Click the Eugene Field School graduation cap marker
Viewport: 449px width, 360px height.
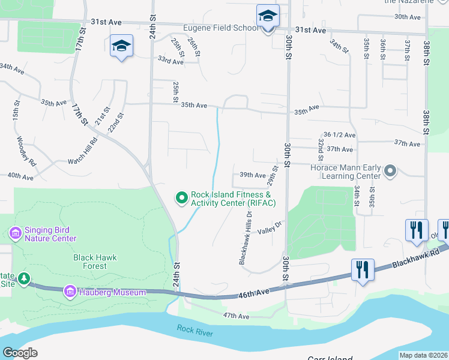point(268,17)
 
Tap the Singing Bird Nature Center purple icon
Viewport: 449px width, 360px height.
point(15,232)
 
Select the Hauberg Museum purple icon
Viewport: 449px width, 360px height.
point(70,292)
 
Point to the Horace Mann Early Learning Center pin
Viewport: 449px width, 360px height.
point(390,171)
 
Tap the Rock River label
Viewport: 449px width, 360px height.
point(195,329)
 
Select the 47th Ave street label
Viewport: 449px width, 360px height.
point(235,316)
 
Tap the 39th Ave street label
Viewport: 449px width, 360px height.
point(252,175)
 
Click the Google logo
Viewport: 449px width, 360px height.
point(20,353)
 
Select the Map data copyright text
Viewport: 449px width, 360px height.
point(423,355)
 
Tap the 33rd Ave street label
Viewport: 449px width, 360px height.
point(170,61)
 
